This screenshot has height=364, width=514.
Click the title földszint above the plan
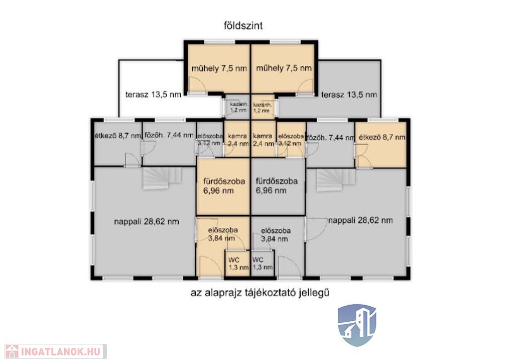tap(243, 26)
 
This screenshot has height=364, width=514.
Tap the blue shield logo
tap(357, 325)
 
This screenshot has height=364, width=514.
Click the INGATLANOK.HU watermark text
tap(61, 352)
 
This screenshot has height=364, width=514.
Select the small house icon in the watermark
tap(12, 351)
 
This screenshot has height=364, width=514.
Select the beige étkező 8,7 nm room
tap(381, 144)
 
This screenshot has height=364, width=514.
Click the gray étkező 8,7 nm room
tap(118, 143)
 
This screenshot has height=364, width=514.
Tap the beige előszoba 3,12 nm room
tap(291, 139)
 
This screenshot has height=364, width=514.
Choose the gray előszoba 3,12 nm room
tap(210, 139)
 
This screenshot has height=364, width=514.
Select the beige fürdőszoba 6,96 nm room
tap(223, 186)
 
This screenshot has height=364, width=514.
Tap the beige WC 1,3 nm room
tap(237, 263)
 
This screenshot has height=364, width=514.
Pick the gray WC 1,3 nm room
tap(262, 263)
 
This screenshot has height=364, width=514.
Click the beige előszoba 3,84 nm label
tap(223, 234)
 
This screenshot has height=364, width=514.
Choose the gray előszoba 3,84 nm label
tap(276, 235)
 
